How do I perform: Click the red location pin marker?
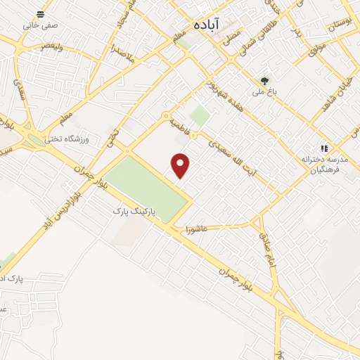[x=181, y=166]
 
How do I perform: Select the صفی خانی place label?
[x=40, y=25]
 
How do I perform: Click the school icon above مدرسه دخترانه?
[x=323, y=148]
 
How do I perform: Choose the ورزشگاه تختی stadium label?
[x=68, y=139]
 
